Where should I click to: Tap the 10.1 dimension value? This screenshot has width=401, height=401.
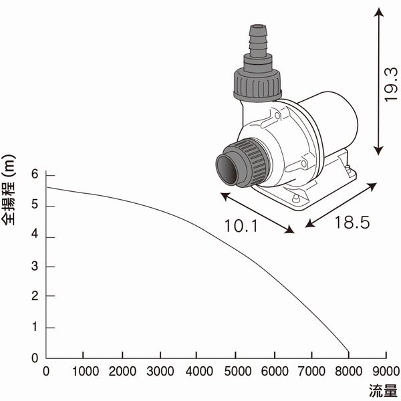point(242,225)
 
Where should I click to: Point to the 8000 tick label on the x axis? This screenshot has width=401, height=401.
point(348,371)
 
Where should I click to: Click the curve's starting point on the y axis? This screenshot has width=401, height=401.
point(46,187)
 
